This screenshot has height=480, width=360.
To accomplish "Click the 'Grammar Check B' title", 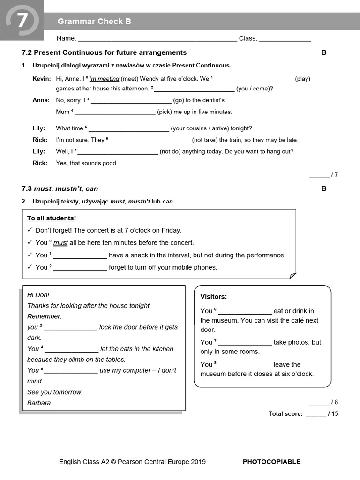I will click(94, 22).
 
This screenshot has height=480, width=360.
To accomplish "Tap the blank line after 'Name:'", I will click(157, 39).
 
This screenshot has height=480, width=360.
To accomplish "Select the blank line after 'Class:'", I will click(285, 39).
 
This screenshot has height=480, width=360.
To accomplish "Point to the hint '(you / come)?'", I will click(255, 89).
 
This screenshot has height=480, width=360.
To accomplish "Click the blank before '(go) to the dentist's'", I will click(131, 100).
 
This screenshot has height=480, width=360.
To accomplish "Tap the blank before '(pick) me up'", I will click(115, 112).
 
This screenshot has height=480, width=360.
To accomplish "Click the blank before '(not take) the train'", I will click(150, 140).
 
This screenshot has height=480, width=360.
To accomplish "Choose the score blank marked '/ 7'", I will click(319, 175).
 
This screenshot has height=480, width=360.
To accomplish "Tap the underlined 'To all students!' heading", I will click(52, 218).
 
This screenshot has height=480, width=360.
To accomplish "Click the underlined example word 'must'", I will click(60, 243).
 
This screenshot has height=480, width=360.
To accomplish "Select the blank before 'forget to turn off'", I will click(80, 268).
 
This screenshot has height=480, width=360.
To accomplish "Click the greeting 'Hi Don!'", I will click(38, 295).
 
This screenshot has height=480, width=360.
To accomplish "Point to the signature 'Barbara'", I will click(39, 403).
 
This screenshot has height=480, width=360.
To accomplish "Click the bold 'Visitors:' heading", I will click(214, 297).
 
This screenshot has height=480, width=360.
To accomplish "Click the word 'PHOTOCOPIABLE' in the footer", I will click(271, 462).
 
